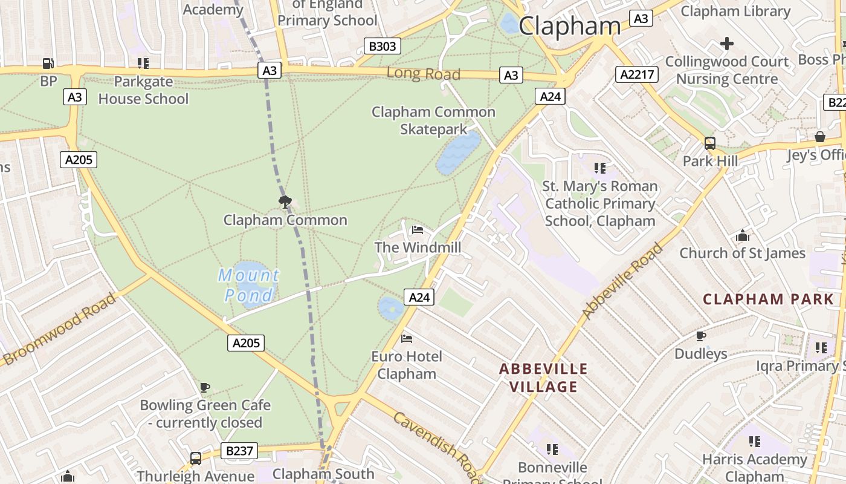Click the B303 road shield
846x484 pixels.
pyautogui.click(x=383, y=46)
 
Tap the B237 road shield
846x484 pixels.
pyautogui.click(x=239, y=451)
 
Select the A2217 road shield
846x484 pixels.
pyautogui.click(x=636, y=74)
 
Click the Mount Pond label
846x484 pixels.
pyautogui.click(x=248, y=285)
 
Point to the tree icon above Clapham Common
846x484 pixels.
pyautogui.click(x=285, y=201)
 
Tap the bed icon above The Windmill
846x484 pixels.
pyautogui.click(x=417, y=230)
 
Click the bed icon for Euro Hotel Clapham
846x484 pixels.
pyautogui.click(x=407, y=339)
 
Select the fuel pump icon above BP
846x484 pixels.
pyautogui.click(x=48, y=63)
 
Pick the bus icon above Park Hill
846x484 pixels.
pyautogui.click(x=710, y=143)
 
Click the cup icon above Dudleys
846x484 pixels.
pyautogui.click(x=701, y=336)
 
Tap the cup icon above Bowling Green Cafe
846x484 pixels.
pyautogui.click(x=205, y=387)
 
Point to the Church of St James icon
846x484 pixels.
pyautogui.click(x=743, y=235)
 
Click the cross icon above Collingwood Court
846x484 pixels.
pyautogui.click(x=727, y=44)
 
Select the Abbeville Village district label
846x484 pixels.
pyautogui.click(x=543, y=378)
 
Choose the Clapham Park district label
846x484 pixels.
pyautogui.click(x=768, y=299)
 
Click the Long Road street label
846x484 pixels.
pyautogui.click(x=424, y=74)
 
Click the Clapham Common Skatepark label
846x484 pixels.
pyautogui.click(x=433, y=120)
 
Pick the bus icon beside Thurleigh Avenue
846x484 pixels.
pyautogui.click(x=195, y=459)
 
